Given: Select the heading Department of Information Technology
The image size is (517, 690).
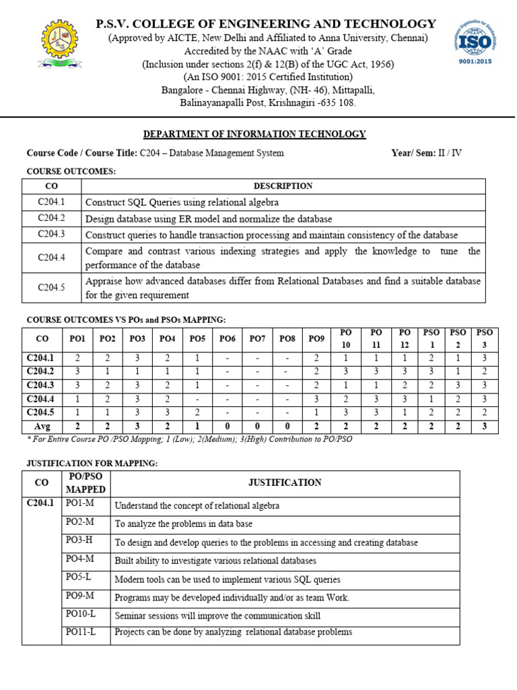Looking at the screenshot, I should (x=255, y=134).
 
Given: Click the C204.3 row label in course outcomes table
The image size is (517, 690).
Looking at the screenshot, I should (x=52, y=234).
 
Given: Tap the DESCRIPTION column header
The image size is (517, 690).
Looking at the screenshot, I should (x=283, y=186).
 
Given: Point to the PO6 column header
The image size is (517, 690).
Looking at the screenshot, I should (x=228, y=338).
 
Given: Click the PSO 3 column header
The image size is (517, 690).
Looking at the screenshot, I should (x=484, y=338).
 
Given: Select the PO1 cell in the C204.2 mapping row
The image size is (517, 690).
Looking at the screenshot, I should (x=78, y=371).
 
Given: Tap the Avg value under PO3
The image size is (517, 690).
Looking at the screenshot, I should (x=137, y=425).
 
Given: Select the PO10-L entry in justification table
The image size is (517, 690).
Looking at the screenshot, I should (x=81, y=614).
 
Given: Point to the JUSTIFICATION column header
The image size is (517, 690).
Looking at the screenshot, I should (x=285, y=482).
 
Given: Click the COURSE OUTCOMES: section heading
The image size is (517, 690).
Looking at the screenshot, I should (x=71, y=171).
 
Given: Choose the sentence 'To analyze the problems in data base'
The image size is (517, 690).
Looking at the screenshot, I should (x=184, y=524).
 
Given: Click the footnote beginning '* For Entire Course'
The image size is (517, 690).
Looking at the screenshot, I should (x=188, y=439).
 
